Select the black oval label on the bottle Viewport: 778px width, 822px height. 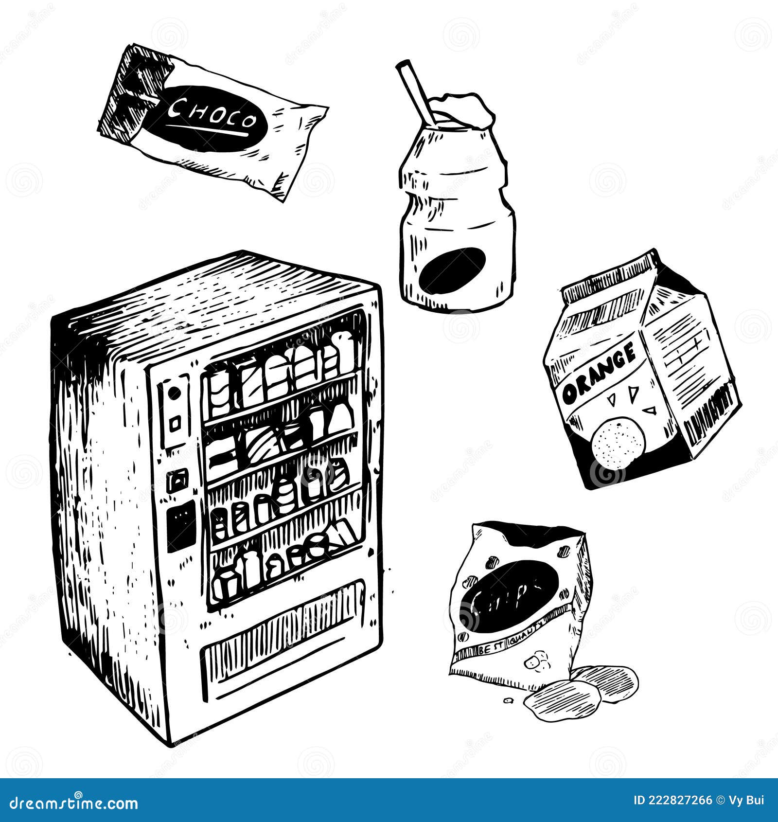[452, 270]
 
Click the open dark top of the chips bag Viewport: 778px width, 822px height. [530, 535]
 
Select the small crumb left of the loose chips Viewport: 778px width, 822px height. [509, 701]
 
